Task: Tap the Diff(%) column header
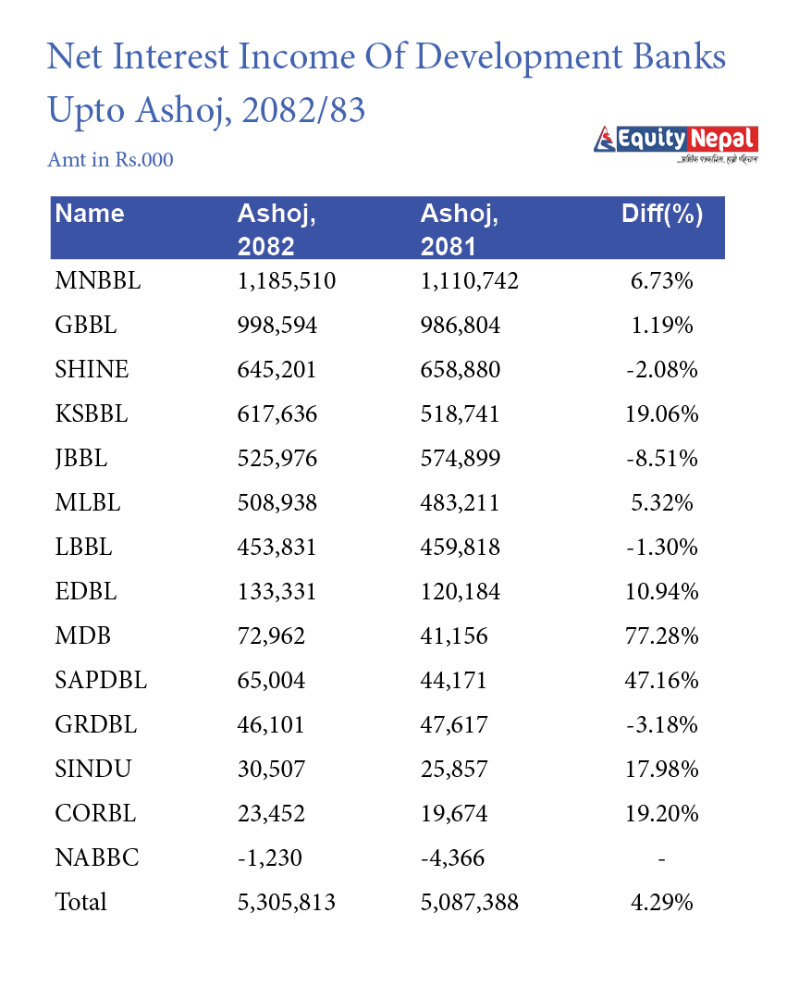point(662,215)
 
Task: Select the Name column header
point(90,214)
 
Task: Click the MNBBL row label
point(97,281)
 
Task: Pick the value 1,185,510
point(286,281)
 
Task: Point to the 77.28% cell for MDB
point(662,636)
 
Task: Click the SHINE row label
point(92,370)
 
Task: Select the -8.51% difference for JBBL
point(662,459)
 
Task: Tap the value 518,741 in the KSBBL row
point(460,414)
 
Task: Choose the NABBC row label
point(97,858)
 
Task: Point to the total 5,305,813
point(286,902)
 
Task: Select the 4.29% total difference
point(662,902)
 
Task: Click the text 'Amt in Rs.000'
point(110,160)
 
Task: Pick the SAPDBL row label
point(101,681)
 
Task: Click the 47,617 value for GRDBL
point(454,725)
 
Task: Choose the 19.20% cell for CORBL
point(662,814)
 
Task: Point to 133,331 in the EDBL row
point(277,592)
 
